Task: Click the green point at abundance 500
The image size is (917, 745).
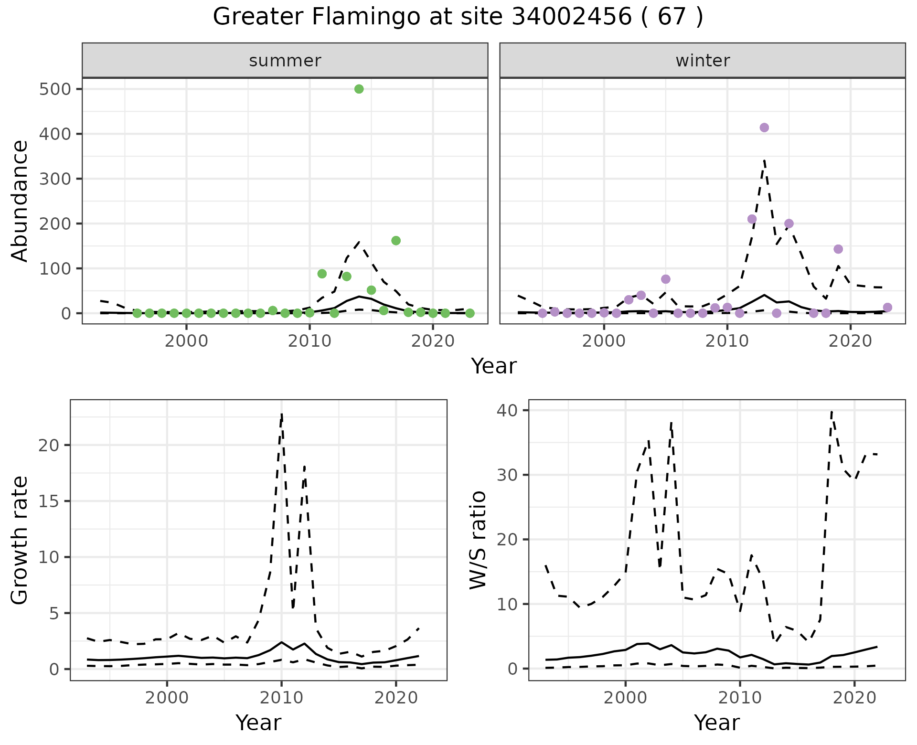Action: [x=359, y=89]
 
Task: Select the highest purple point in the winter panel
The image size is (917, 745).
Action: [x=764, y=128]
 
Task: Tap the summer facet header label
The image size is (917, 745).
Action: [x=285, y=61]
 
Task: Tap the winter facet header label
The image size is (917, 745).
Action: [x=703, y=61]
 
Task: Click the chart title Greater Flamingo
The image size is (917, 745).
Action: [x=458, y=17]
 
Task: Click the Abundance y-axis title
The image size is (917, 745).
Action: [x=20, y=201]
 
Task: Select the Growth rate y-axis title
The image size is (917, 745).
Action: [x=20, y=540]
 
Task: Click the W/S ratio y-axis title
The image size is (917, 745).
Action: [x=478, y=540]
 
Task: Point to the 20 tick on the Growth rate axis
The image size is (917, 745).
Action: [x=51, y=446]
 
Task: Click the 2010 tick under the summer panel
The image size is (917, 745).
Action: [x=309, y=341]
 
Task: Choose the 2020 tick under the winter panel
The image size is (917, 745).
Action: [x=850, y=341]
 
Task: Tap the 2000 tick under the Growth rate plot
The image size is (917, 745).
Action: [x=167, y=698]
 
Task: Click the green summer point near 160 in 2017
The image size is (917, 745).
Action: [x=396, y=241]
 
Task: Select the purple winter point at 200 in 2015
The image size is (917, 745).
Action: [x=789, y=223]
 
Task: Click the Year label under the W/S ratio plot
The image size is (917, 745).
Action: [x=716, y=723]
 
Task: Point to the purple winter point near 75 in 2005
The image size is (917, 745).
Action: [x=666, y=279]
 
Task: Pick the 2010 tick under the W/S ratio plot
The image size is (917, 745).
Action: [x=740, y=698]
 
